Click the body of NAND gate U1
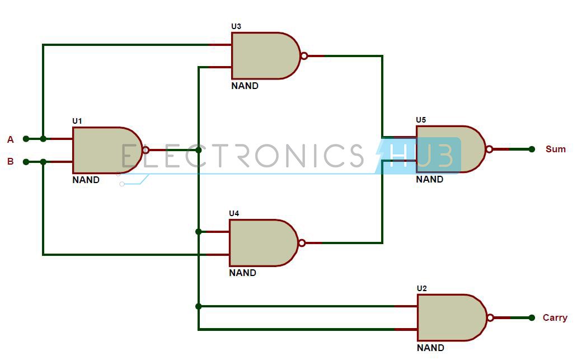104,150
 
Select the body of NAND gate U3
263,56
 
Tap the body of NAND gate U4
261,243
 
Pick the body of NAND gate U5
448,149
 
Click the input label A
10,139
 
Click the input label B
10,162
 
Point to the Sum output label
556,149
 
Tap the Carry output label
555,317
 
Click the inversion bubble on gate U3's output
304,56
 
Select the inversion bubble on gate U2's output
490,317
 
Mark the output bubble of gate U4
302,243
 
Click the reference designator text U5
421,120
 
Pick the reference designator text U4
234,213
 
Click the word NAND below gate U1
86,180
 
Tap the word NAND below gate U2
430,348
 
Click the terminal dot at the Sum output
532,149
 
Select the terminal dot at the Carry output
532,317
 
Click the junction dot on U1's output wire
198,150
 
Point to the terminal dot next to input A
26,139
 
